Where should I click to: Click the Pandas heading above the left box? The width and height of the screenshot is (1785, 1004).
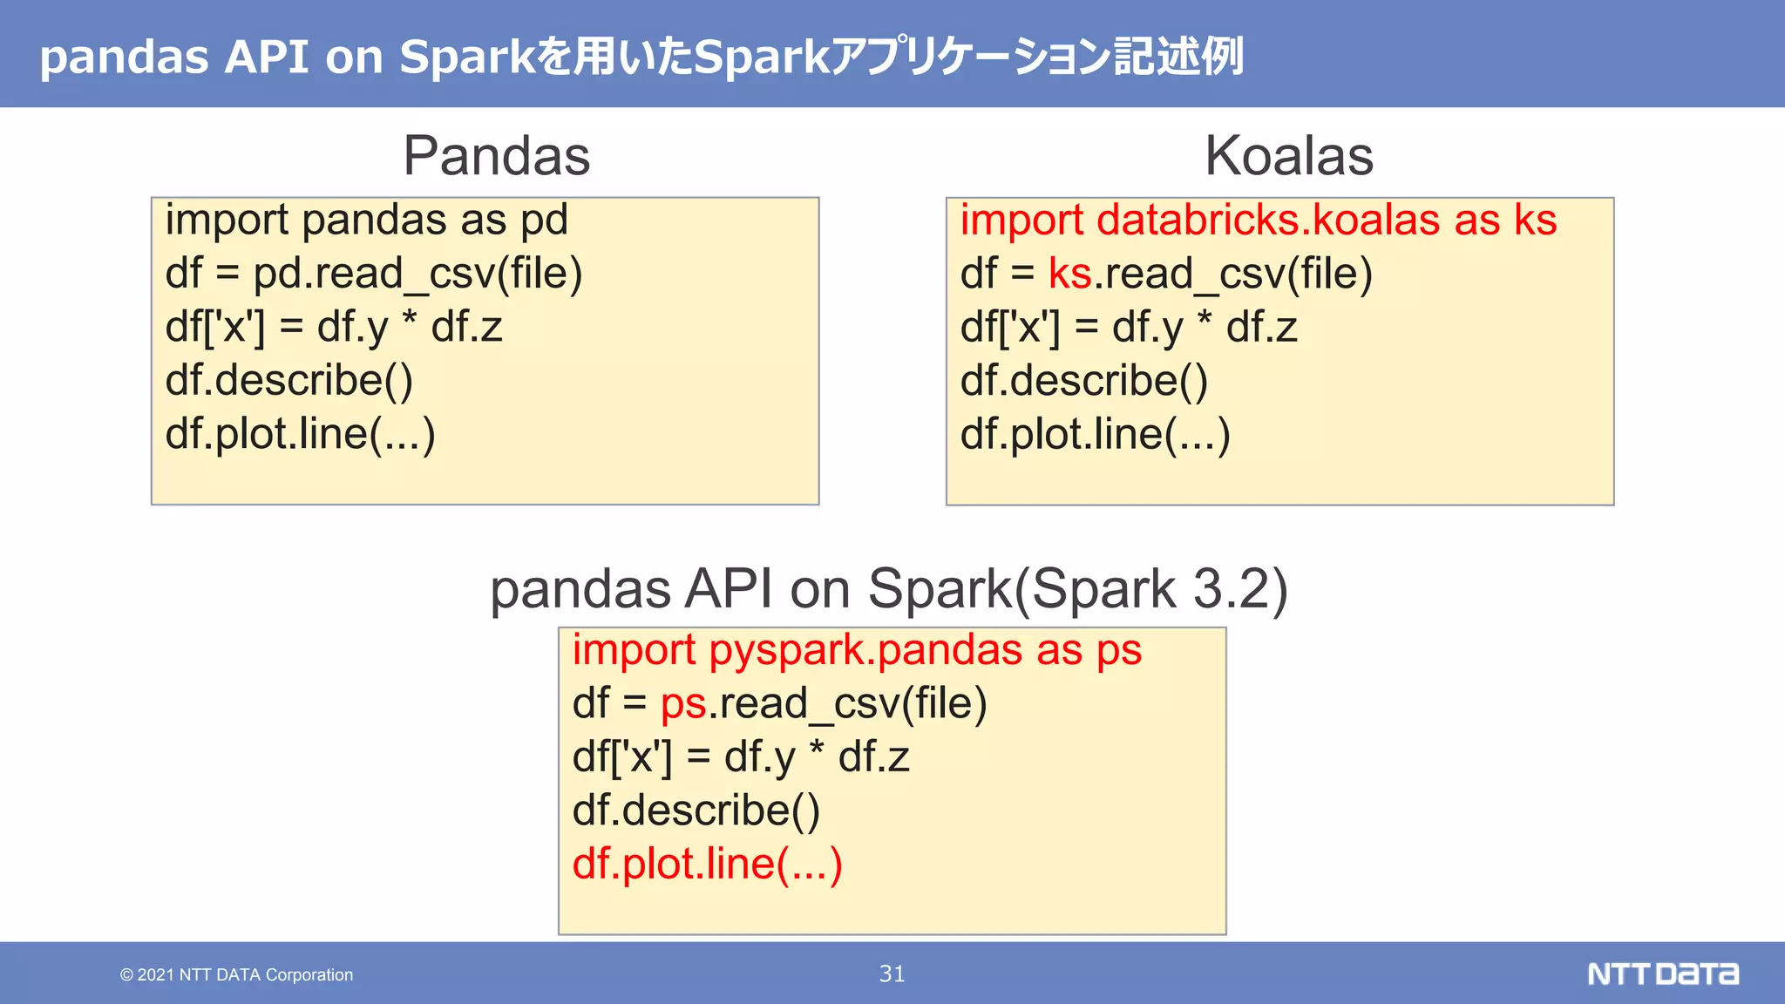point(497,156)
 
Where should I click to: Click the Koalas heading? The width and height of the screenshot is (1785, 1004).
point(1288,156)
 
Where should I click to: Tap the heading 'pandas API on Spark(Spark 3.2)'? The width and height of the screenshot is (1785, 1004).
point(889,588)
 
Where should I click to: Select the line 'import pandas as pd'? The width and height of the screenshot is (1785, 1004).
point(366,220)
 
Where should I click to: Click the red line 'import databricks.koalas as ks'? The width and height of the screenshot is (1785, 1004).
point(1258,220)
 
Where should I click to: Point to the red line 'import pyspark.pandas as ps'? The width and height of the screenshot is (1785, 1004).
point(857,650)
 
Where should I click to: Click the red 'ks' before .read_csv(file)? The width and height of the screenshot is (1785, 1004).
point(1069,274)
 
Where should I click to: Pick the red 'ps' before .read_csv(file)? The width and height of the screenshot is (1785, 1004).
point(683,703)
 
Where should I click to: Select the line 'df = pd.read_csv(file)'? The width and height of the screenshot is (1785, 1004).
point(373,274)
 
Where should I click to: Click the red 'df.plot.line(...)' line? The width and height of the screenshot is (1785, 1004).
point(707,864)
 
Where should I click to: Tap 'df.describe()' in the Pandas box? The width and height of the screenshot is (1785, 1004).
point(288,381)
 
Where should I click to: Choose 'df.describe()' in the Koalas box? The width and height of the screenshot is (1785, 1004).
point(1083,381)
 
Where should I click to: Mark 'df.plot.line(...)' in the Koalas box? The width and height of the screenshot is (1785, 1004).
point(1095,434)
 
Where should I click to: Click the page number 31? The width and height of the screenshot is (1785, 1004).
point(892,973)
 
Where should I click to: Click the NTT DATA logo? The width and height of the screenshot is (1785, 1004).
point(1662,973)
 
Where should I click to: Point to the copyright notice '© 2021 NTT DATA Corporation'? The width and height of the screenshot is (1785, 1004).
point(236,975)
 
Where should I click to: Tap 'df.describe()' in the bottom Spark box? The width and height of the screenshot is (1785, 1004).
point(696,811)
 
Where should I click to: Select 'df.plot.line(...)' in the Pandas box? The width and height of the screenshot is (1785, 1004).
point(300,434)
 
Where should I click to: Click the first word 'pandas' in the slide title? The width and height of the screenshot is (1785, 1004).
point(124,58)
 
